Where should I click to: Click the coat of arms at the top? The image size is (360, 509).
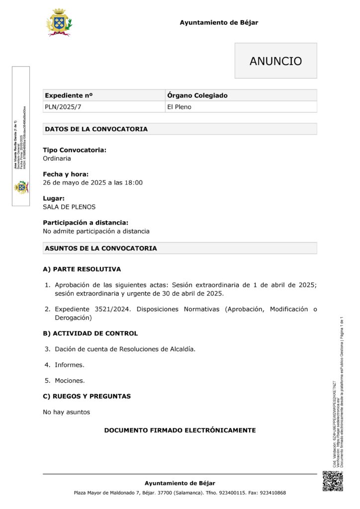[x=59, y=22]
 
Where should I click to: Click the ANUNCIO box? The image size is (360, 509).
[x=275, y=61]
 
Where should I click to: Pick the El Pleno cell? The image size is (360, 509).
[x=179, y=107]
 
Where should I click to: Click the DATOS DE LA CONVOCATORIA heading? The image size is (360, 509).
[x=96, y=129]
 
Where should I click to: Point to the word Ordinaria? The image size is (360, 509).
[x=57, y=159]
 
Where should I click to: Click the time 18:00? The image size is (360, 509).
[x=133, y=182]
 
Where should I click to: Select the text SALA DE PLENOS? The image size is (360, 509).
[x=69, y=207]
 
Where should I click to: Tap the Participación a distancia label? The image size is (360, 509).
[x=86, y=223]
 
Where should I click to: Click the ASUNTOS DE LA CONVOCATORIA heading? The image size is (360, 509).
[x=101, y=248]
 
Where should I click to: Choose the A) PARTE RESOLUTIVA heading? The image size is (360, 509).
[x=82, y=269]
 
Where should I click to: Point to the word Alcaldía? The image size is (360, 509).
[x=182, y=349]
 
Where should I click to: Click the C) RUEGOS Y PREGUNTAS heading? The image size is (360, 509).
[x=87, y=396]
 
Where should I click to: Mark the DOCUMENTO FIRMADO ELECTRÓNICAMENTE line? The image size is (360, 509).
[x=180, y=430]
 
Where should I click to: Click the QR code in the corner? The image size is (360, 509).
[x=333, y=481]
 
